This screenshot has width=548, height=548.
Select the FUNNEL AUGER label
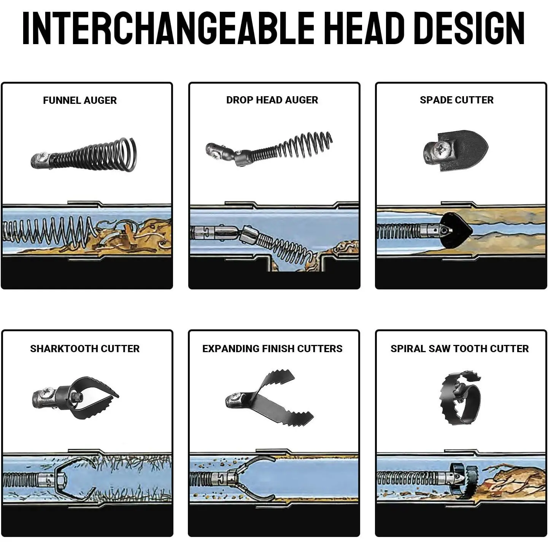click(80, 100)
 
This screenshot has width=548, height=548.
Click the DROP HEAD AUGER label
click(272, 100)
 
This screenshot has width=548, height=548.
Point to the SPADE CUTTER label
click(457, 100)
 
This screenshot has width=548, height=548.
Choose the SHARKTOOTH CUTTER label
click(85, 349)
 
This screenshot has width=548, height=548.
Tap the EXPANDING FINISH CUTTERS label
click(272, 349)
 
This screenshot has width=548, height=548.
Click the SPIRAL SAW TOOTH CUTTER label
click(459, 349)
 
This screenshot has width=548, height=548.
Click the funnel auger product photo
click(84, 155)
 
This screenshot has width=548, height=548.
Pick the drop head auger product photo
click(269, 149)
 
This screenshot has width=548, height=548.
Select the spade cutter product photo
click(456, 151)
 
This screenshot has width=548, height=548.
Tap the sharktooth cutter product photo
click(75, 399)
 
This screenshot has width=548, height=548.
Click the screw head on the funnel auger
click(43, 157)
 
